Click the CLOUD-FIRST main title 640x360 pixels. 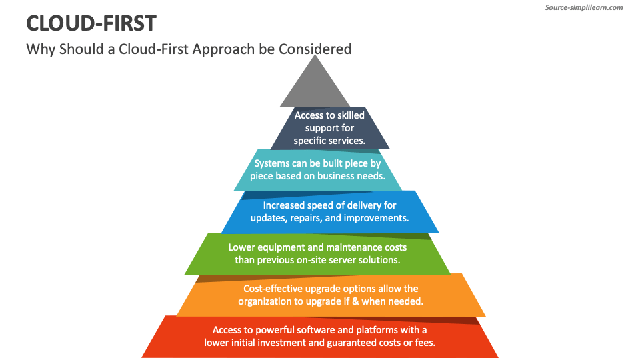(x=91, y=23)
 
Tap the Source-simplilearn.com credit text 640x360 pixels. (x=584, y=7)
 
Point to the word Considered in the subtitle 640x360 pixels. (x=315, y=49)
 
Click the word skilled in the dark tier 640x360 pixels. (x=351, y=115)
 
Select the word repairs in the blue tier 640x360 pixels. (x=306, y=219)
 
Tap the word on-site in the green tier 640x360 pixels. (x=313, y=260)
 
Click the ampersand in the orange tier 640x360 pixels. (x=356, y=301)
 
